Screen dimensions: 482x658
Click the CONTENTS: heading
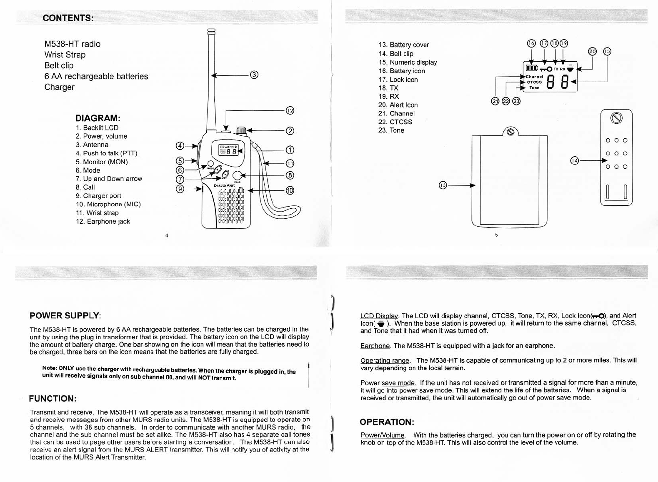[x=68, y=17]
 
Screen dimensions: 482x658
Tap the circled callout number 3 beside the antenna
[x=254, y=75]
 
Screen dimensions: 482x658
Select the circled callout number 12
[x=290, y=110]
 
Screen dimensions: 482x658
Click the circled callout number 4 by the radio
[x=180, y=146]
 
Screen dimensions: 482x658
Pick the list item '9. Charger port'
[x=98, y=196]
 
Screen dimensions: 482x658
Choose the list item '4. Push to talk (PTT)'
[x=106, y=153]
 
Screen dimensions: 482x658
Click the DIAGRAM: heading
[x=98, y=118]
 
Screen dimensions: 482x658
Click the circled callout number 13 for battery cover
[x=443, y=185]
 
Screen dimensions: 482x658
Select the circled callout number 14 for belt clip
[x=575, y=160]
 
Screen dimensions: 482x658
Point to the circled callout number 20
[x=592, y=51]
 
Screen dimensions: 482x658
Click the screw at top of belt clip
[x=616, y=118]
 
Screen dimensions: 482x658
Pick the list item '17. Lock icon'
[x=398, y=80]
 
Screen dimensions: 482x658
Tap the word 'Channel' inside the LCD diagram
[x=535, y=77]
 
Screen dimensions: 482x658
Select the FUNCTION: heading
[x=53, y=399]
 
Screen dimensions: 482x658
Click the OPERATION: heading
[x=387, y=422]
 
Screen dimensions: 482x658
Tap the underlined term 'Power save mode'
[x=388, y=383]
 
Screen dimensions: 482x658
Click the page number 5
[x=496, y=235]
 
